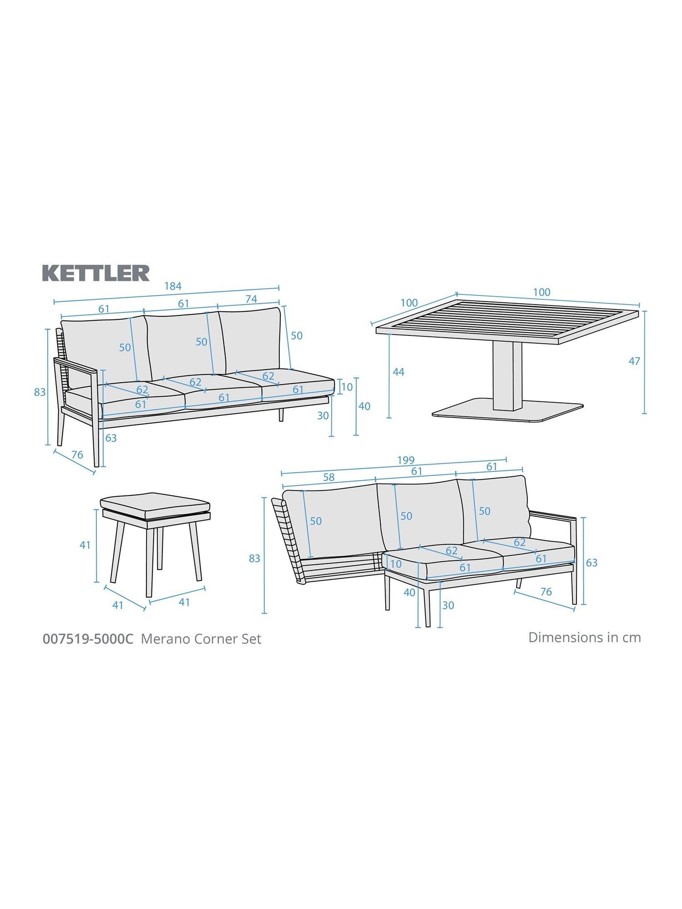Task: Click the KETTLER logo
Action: pos(96,273)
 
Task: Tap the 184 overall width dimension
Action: pos(173,286)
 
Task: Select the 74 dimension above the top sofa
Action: pos(251,299)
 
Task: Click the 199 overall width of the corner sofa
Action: pos(406,460)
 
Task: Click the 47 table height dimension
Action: pos(634,361)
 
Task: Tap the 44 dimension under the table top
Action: pos(398,372)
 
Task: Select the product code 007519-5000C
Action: pos(88,639)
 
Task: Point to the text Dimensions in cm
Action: pos(585,637)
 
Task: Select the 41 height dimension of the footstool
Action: pos(85,545)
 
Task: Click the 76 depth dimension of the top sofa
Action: pos(77,454)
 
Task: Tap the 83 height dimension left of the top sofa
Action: pos(40,391)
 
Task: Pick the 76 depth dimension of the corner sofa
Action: pos(546,592)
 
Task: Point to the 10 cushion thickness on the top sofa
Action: pos(347,387)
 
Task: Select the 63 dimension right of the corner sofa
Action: pos(591,563)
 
